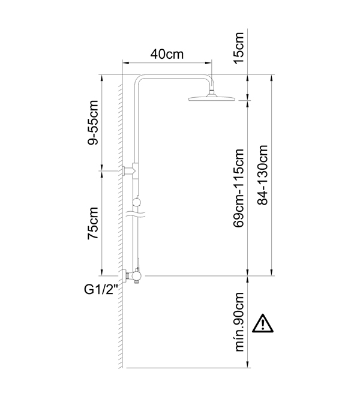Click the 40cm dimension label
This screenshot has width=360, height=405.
click(x=167, y=54)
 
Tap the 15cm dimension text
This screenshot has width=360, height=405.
click(x=238, y=48)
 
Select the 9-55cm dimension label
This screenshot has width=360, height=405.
click(x=93, y=122)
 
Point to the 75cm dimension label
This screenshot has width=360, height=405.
click(x=93, y=223)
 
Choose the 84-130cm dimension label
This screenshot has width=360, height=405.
click(x=262, y=175)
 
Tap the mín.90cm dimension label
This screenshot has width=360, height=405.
click(x=239, y=322)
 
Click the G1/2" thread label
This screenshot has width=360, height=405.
click(x=101, y=290)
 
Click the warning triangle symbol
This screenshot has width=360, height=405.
click(x=263, y=323)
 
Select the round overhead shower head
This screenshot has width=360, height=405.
click(x=212, y=98)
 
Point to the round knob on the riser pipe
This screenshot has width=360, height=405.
click(x=136, y=202)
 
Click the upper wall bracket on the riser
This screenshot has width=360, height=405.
click(x=131, y=170)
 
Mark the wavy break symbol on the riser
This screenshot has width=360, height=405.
click(x=136, y=214)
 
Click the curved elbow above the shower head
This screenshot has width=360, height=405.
click(x=209, y=82)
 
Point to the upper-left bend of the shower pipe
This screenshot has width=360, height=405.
click(x=137, y=80)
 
